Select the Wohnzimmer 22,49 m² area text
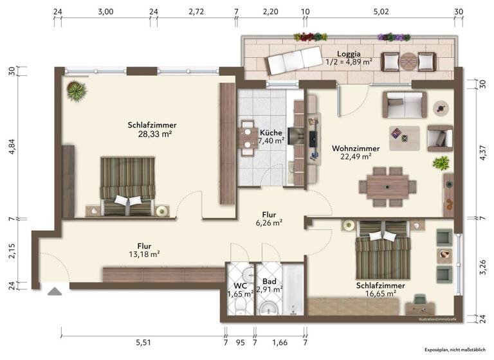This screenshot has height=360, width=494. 355,152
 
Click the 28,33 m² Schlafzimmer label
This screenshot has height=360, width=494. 152,129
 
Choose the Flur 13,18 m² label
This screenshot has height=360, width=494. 144,249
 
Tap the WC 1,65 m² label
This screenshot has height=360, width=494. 240,289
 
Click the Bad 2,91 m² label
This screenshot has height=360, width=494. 270,285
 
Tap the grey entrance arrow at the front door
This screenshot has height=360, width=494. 54,291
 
